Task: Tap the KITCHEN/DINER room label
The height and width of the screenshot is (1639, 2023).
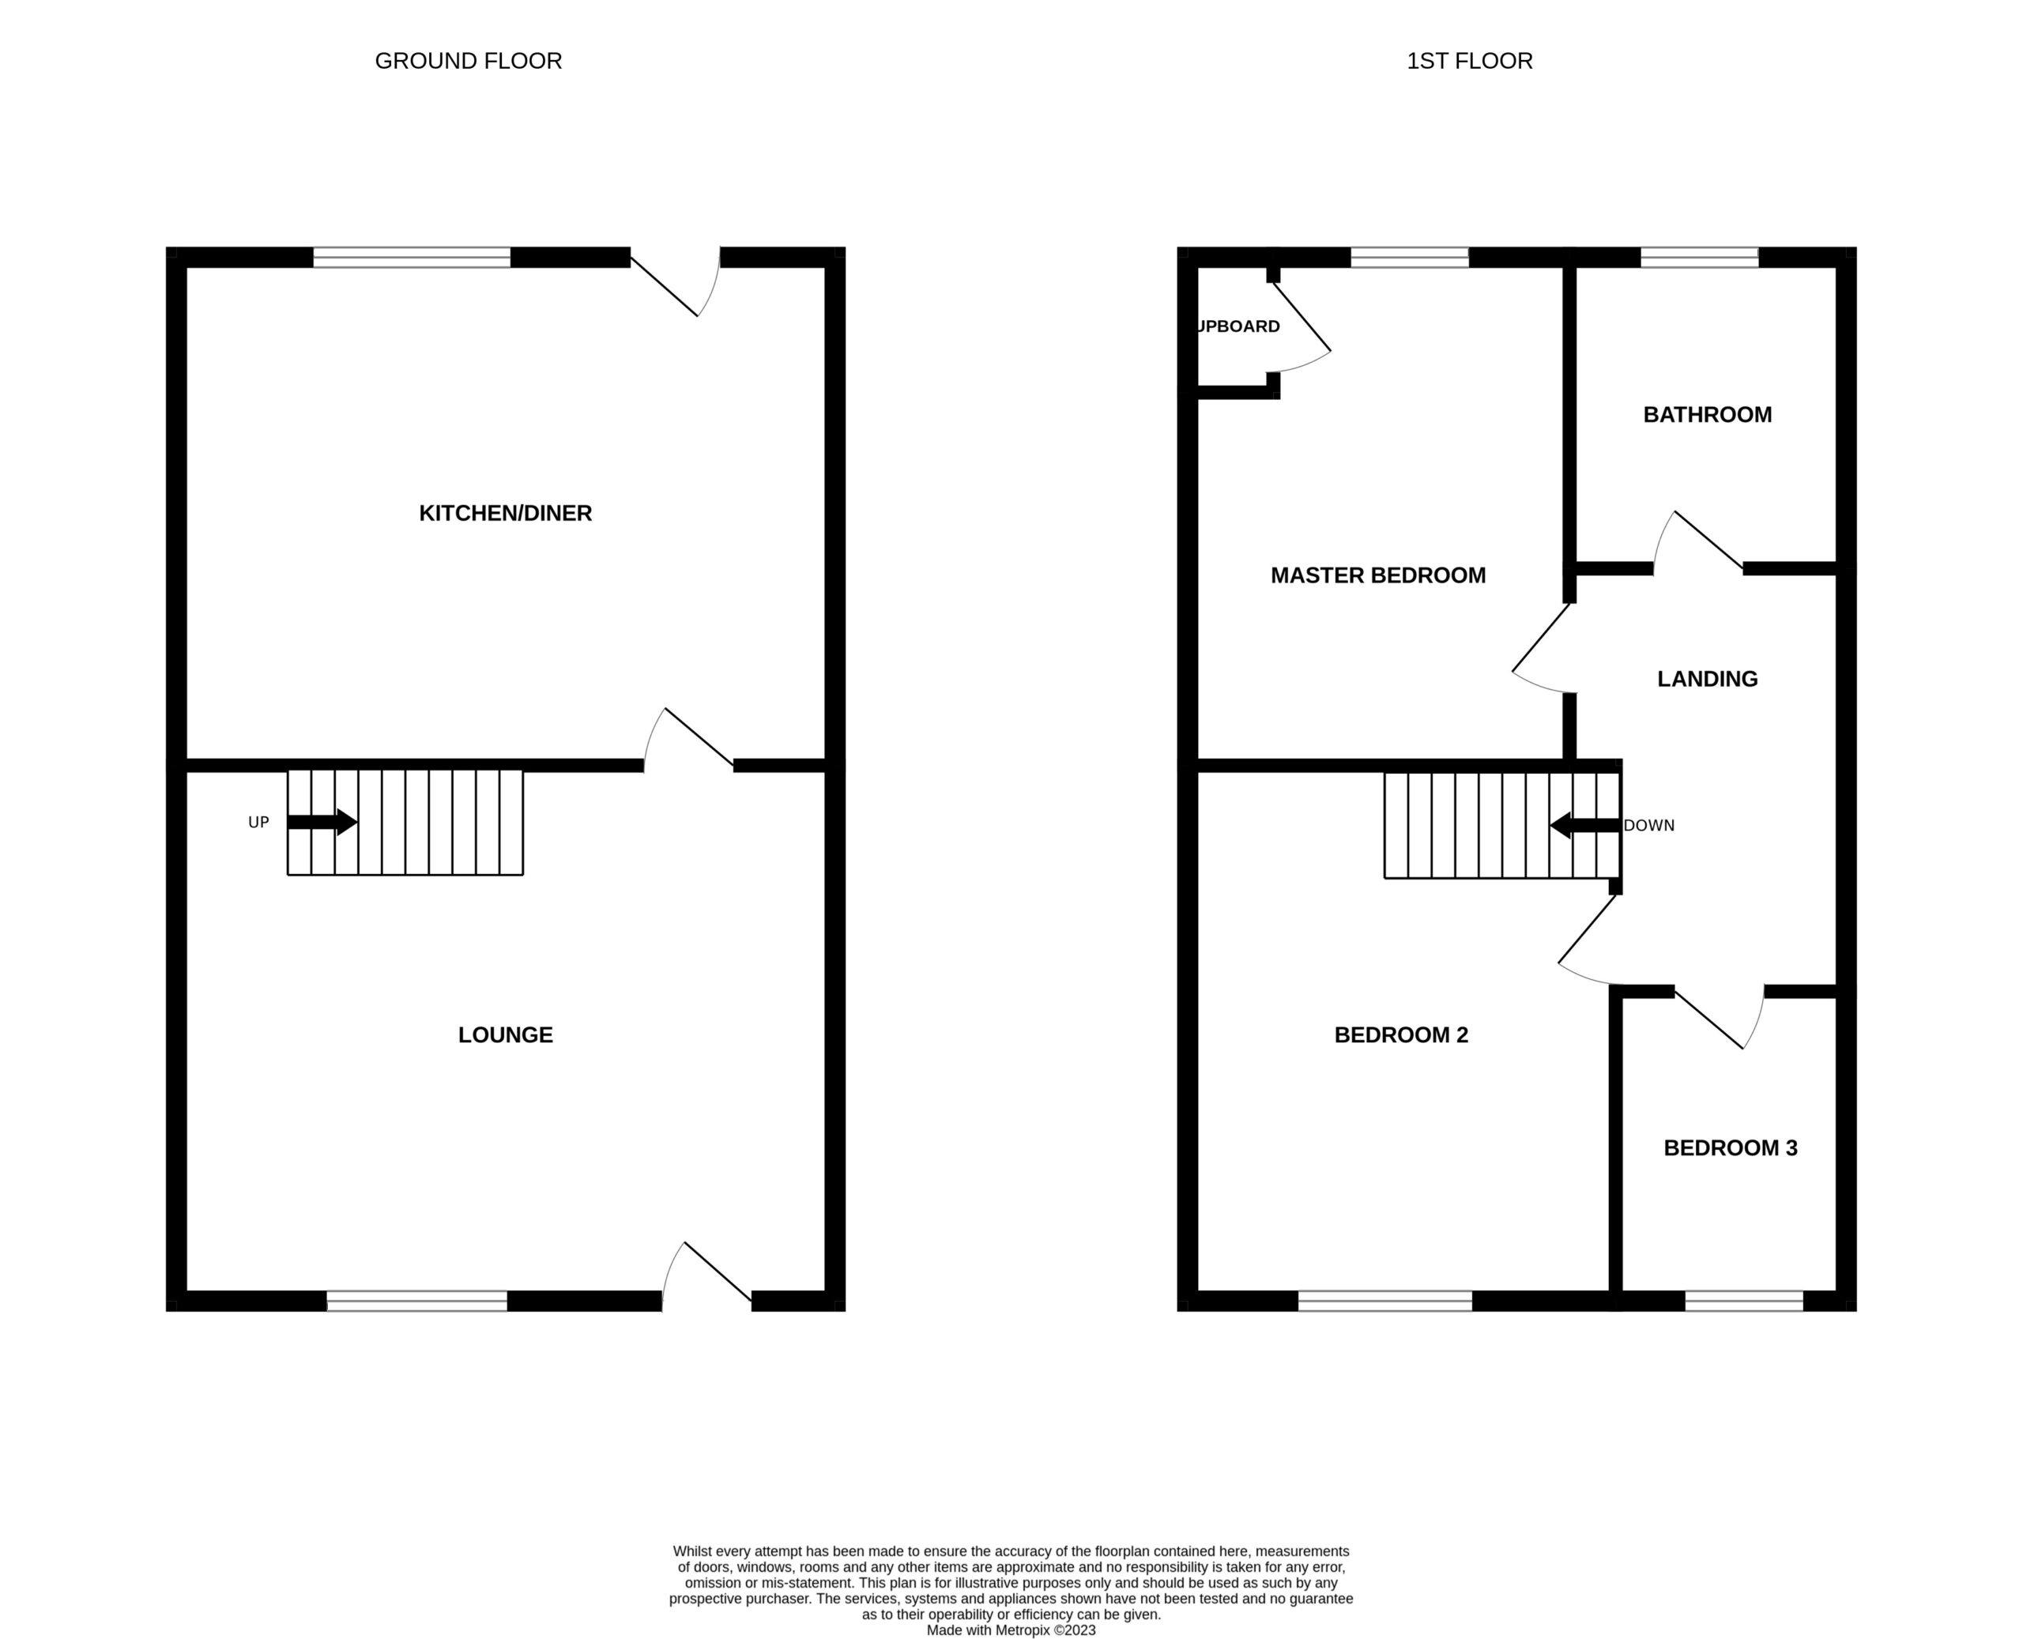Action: click(x=505, y=514)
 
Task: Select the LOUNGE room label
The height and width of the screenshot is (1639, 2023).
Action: click(x=505, y=1034)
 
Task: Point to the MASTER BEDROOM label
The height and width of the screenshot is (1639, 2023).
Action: click(x=1378, y=575)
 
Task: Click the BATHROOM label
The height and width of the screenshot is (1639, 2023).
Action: click(x=1707, y=414)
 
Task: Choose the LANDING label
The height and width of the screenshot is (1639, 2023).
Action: click(x=1707, y=679)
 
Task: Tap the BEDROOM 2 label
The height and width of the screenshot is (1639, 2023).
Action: click(x=1401, y=1034)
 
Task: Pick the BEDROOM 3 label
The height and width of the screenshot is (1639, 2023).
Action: click(x=1731, y=1148)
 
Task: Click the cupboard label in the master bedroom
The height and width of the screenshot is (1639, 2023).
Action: click(x=1238, y=326)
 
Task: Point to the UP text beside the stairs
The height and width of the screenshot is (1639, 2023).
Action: click(x=258, y=823)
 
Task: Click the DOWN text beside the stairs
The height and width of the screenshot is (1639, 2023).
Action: click(x=1649, y=825)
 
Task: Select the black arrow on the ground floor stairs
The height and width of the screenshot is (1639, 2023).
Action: click(x=322, y=823)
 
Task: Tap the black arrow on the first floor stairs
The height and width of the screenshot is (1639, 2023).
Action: click(x=1585, y=825)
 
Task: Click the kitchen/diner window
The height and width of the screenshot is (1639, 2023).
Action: click(x=412, y=258)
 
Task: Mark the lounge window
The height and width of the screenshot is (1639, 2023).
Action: click(x=416, y=1301)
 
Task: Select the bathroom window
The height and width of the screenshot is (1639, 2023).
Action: click(x=1699, y=258)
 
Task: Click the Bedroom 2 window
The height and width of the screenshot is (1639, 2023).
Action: click(x=1384, y=1301)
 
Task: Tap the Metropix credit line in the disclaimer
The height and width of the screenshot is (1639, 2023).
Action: click(x=1011, y=1630)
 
